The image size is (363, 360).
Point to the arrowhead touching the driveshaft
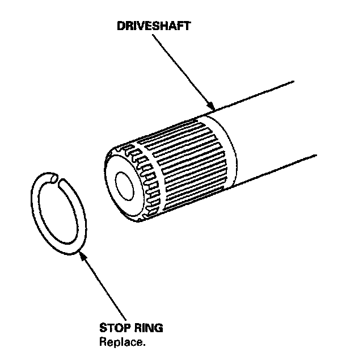click(212, 107)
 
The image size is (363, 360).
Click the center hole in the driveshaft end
click(123, 184)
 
